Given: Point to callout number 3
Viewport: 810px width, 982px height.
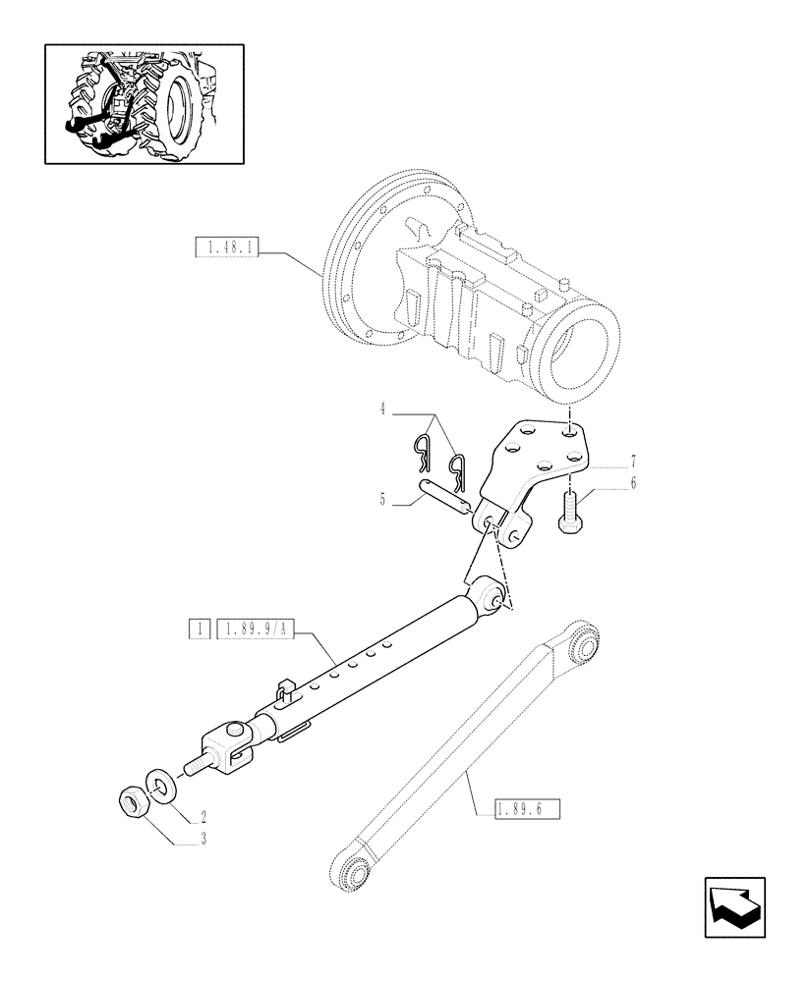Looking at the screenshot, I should [x=202, y=837].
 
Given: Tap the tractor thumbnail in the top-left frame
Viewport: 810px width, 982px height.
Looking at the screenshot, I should [x=144, y=104].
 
